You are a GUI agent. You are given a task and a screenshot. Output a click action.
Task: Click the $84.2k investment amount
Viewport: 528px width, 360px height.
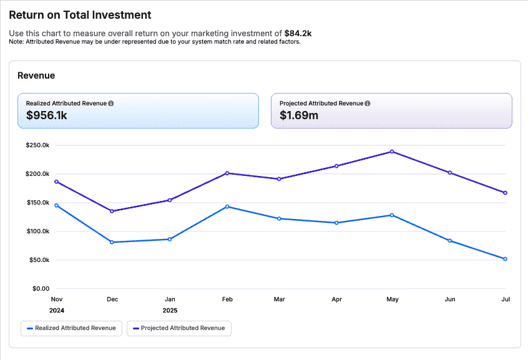pos(299,33)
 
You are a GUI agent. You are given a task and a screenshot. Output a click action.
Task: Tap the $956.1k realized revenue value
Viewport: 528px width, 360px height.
pos(47,115)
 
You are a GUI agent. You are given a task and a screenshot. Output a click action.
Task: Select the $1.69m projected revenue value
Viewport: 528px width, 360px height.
pos(299,115)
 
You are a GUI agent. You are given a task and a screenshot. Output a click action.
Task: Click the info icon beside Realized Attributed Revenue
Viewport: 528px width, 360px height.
pos(111,103)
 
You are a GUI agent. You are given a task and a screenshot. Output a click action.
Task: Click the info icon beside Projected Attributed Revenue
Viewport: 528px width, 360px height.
pos(368,103)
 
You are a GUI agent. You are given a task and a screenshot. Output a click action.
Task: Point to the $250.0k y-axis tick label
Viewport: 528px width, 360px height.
pos(37,145)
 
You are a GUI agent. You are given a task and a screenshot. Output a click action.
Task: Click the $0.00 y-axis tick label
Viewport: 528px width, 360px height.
pos(41,289)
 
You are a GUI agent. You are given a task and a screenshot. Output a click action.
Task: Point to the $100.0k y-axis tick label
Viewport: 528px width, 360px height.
pos(37,231)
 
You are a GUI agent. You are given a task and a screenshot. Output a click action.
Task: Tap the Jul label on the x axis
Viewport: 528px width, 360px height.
pos(505,299)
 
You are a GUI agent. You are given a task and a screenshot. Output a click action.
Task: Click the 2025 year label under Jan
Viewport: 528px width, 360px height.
pos(169,310)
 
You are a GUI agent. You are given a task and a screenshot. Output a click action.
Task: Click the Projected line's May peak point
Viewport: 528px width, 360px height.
pos(392,152)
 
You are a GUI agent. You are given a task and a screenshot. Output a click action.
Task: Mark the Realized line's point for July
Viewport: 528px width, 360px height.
pos(505,259)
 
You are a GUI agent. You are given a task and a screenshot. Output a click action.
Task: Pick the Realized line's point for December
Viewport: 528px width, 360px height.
pos(112,242)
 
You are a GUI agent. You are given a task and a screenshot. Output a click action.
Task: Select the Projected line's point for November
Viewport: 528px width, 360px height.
pos(57,182)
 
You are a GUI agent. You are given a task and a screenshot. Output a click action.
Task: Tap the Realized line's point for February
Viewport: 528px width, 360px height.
pos(227,207)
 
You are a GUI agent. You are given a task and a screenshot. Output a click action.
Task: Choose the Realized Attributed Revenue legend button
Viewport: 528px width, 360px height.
pos(71,328)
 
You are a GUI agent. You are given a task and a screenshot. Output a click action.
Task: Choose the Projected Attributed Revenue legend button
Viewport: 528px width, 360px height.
pos(179,328)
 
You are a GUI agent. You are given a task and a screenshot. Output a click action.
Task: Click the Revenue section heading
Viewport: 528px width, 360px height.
pos(36,75)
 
